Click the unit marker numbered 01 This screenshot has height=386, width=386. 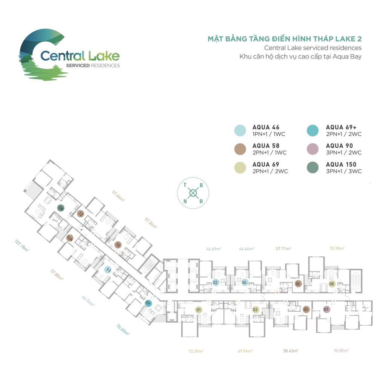198,310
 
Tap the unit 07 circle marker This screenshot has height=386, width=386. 326,310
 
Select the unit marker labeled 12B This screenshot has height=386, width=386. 60,207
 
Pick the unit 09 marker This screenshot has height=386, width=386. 148,302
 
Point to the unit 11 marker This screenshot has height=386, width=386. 108,270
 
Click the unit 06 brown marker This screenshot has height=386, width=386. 298,283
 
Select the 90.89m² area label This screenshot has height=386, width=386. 342,351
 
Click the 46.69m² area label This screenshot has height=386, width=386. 214,249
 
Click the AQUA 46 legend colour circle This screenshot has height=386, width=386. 240,131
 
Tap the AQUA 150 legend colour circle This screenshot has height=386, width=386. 313,168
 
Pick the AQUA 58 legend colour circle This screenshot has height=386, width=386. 240,149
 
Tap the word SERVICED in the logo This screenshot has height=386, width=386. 78,66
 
